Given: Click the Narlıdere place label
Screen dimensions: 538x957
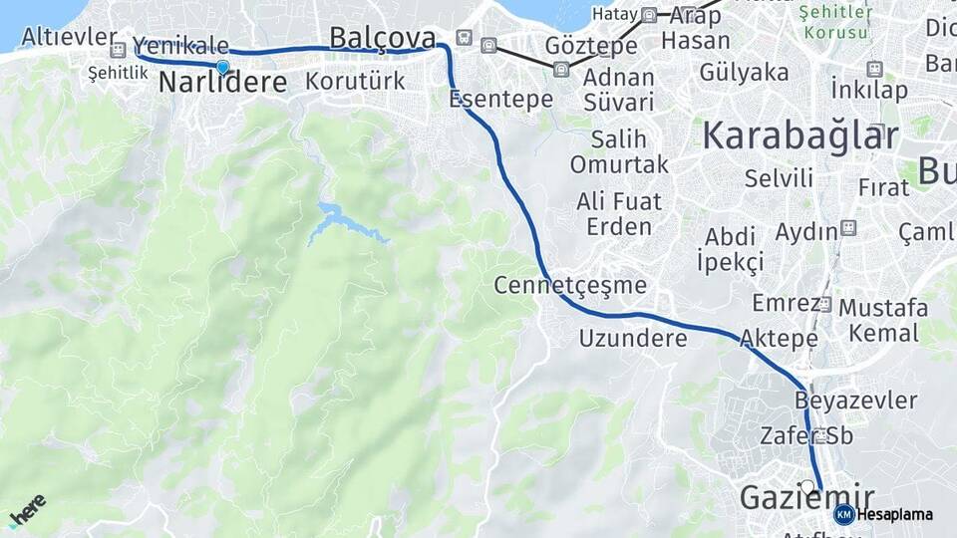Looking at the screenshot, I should click(223, 83).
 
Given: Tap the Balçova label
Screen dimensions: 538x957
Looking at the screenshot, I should click(383, 38).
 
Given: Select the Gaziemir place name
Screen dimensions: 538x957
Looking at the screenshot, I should click(806, 498).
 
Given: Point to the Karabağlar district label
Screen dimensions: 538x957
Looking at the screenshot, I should click(800, 135).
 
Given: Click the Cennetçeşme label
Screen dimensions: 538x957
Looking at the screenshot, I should click(570, 286).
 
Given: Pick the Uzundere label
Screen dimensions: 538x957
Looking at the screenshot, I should click(633, 338).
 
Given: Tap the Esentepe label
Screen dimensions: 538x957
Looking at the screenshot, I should click(500, 100).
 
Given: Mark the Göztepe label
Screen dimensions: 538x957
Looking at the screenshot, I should click(591, 46).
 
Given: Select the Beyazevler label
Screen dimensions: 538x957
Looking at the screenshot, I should click(856, 401).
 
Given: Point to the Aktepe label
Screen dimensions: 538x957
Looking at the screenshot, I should click(780, 339).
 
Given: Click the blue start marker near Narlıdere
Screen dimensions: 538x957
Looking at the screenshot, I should click(222, 68).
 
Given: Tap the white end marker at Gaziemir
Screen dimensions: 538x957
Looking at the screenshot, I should click(807, 486).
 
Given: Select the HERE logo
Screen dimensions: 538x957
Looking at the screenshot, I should click(27, 510).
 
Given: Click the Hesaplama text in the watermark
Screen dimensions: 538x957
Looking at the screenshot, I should click(894, 514).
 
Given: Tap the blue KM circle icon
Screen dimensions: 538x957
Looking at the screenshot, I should click(843, 514).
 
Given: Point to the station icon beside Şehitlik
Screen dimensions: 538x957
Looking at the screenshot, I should click(118, 50).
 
